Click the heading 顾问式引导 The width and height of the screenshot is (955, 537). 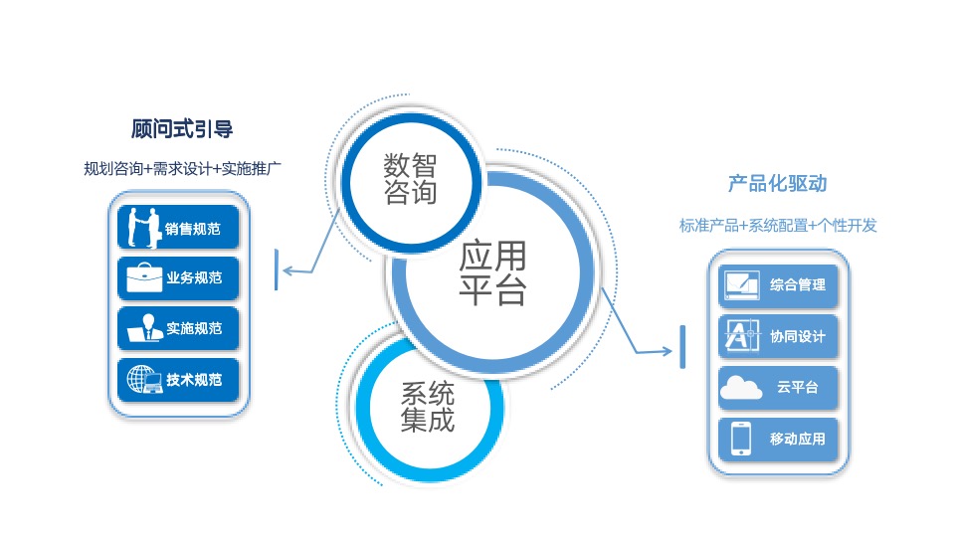[x=181, y=129]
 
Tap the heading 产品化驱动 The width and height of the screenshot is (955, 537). [x=778, y=183]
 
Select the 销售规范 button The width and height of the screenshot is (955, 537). [x=178, y=227]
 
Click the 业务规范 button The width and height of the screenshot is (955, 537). [x=178, y=278]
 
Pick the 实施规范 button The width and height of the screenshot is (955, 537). [x=178, y=329]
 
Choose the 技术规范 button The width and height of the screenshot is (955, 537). [x=178, y=380]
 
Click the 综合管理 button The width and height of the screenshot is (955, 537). [x=778, y=285]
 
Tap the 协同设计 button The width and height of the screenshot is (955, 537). [x=778, y=336]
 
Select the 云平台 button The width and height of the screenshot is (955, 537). [x=778, y=388]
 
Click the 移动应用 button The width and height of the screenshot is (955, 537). [x=778, y=439]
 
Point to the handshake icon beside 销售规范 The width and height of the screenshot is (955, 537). [x=143, y=228]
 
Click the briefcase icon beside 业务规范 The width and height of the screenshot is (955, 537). [x=144, y=277]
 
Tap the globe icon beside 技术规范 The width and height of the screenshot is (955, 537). [x=144, y=379]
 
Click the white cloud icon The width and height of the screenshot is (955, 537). [x=740, y=388]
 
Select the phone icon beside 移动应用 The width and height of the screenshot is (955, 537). [x=741, y=439]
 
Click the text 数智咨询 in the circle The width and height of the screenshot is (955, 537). [x=410, y=178]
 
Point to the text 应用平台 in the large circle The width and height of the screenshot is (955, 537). [x=492, y=272]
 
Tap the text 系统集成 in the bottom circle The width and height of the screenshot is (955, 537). [x=428, y=407]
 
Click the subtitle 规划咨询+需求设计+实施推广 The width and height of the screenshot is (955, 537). [x=182, y=169]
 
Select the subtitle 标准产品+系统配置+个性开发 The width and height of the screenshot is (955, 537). [x=778, y=226]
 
